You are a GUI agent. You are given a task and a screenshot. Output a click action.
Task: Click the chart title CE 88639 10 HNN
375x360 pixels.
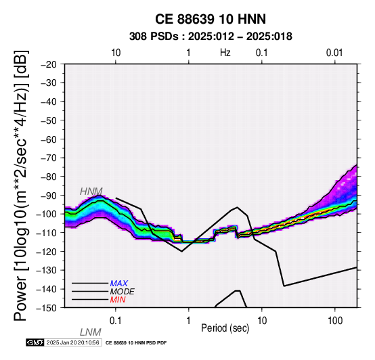click(211, 19)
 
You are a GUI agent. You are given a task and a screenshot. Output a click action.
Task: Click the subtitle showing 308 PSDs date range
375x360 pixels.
click(211, 37)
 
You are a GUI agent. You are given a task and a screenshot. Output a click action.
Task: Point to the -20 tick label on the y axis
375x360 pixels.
click(49, 64)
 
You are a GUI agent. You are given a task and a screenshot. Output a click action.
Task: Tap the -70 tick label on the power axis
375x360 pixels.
click(49, 158)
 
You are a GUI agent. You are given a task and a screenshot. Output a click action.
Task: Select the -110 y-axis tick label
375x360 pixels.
click(47, 233)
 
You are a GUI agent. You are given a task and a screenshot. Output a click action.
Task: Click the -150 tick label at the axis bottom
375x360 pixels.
click(47, 308)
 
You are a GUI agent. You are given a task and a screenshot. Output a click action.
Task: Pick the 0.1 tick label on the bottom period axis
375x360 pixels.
click(115, 321)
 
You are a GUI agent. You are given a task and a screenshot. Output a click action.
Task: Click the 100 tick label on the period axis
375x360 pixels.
click(335, 321)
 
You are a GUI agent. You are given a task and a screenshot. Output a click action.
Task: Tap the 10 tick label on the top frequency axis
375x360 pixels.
click(116, 53)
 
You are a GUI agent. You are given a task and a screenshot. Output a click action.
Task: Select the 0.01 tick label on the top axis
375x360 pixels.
click(334, 53)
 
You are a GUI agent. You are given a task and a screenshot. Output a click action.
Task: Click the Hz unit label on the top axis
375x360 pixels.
click(225, 53)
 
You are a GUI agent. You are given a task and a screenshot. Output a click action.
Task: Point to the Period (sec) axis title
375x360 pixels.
click(225, 328)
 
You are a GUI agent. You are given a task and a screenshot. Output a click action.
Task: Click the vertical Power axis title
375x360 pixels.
click(20, 185)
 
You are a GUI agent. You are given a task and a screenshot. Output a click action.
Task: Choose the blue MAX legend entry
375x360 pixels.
click(119, 284)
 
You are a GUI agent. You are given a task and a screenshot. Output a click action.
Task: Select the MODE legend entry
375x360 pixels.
click(123, 292)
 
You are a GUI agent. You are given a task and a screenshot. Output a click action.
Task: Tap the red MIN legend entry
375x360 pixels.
click(118, 300)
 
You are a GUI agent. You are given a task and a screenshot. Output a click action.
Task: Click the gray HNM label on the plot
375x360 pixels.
click(91, 192)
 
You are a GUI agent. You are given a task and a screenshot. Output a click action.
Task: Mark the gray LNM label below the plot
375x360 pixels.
click(91, 332)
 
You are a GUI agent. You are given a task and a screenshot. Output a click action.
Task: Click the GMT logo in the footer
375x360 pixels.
click(35, 342)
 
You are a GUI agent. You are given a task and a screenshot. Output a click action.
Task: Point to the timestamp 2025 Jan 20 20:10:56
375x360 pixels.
click(72, 342)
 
